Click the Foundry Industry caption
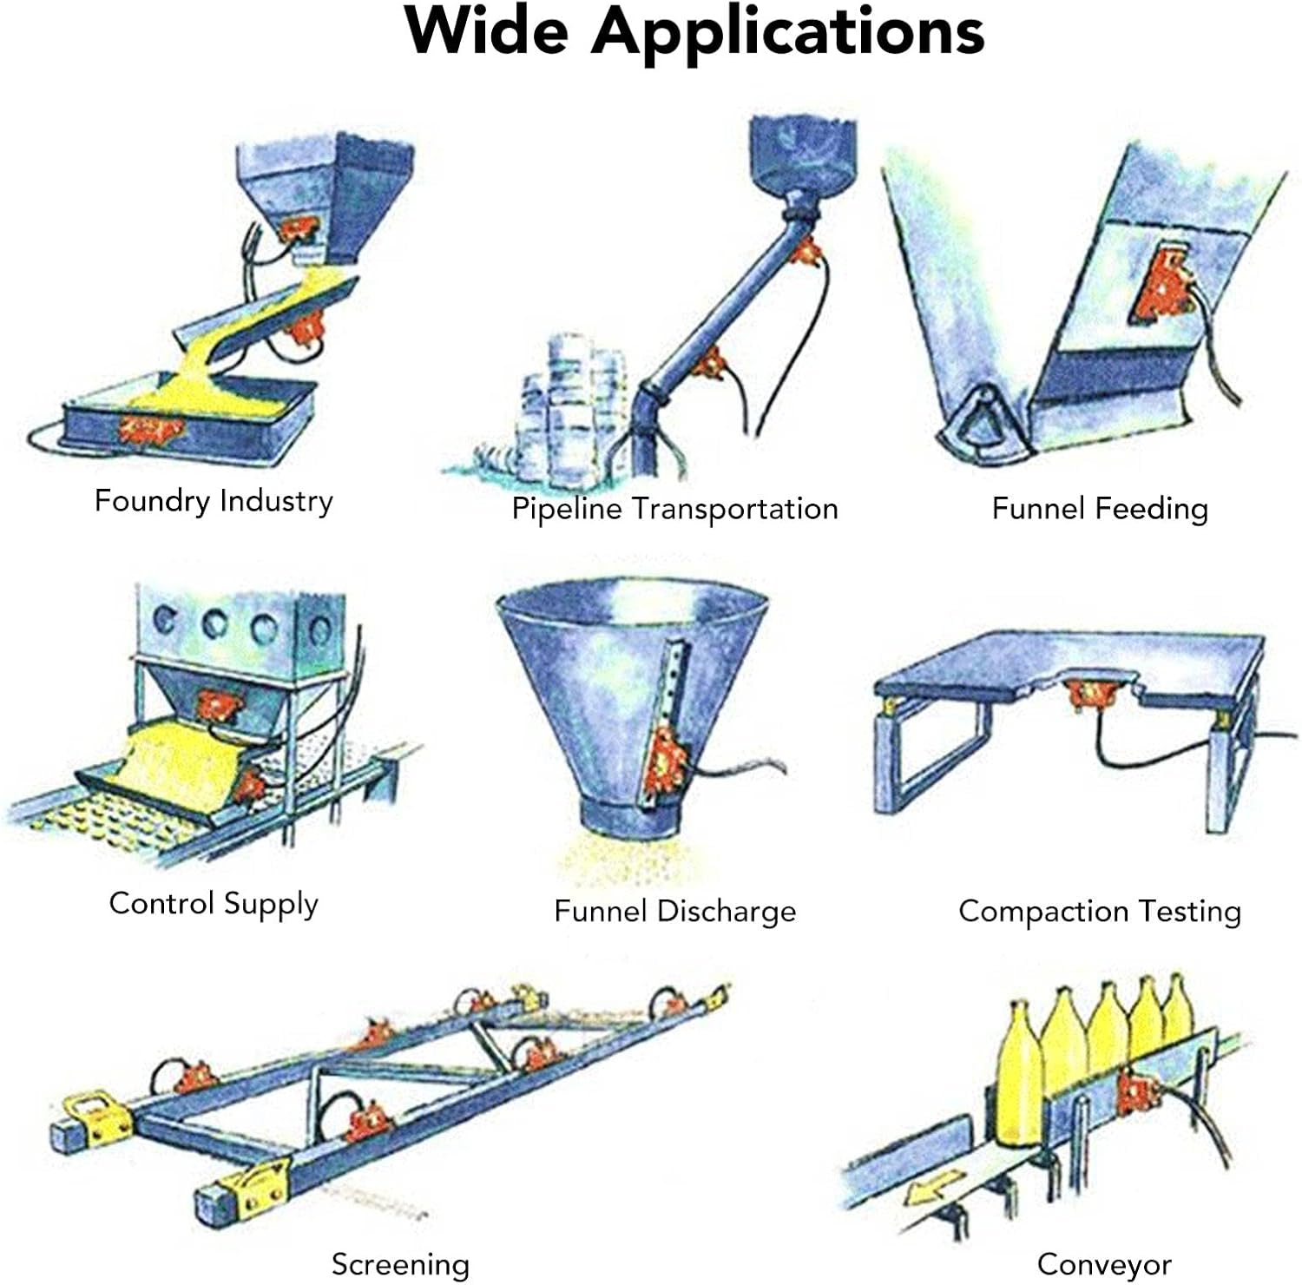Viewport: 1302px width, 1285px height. coord(214,501)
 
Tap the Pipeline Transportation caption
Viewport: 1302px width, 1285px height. coord(674,508)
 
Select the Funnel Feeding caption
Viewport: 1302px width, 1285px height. coord(1100,508)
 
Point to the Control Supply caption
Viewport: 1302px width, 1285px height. coord(214,904)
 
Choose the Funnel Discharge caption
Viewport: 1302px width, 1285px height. coord(674,911)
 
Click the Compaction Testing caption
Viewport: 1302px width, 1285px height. coord(1100,911)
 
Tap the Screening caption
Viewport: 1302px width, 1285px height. coord(400,1264)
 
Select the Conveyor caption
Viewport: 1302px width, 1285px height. coord(1104,1264)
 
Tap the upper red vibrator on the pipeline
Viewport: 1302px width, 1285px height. coord(807,252)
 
